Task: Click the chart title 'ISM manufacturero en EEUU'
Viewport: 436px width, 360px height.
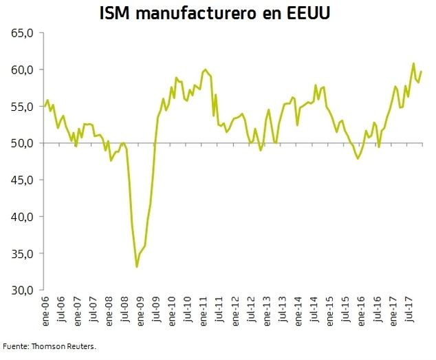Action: tap(218, 13)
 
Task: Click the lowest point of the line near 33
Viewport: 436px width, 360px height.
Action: tap(137, 266)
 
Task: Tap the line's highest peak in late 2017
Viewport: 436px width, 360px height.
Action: tap(413, 63)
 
